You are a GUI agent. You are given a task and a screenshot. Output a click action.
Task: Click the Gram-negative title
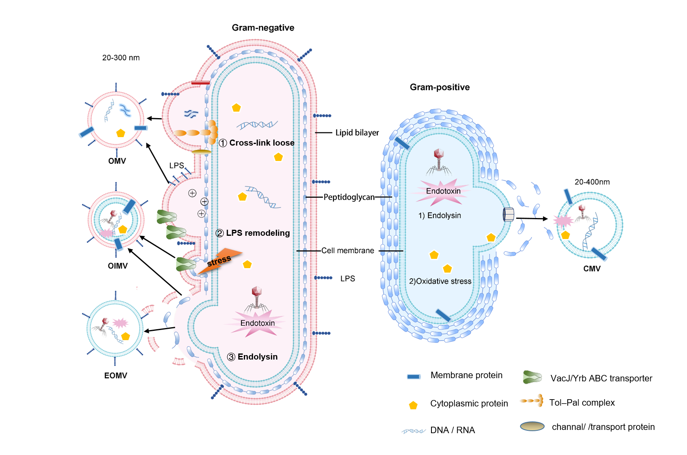(263, 28)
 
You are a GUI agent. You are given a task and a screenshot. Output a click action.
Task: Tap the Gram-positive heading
(440, 87)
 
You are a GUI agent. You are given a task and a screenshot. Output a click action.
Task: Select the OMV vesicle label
(117, 161)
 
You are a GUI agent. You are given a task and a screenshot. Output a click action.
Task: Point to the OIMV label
(118, 266)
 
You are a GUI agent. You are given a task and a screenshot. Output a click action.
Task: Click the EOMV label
(116, 375)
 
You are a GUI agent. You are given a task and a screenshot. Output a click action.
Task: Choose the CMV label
(592, 269)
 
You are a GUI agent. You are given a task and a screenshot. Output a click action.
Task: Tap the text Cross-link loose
(262, 143)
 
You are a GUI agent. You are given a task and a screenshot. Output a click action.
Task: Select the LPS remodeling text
(258, 233)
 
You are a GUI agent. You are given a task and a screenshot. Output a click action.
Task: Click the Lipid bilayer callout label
(357, 133)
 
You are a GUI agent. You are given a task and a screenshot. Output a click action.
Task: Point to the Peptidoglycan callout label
(349, 197)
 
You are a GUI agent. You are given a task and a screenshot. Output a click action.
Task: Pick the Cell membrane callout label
(348, 251)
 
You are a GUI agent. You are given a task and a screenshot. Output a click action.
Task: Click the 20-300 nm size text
(121, 58)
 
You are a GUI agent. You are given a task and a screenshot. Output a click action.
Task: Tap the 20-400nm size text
(592, 182)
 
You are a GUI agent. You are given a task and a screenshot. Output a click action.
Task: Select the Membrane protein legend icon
(414, 377)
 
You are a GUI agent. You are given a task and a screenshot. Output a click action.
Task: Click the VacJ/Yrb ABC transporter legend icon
(532, 377)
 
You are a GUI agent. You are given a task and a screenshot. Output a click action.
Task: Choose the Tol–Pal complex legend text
(582, 402)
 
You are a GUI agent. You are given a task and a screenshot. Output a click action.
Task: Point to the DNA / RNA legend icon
(414, 431)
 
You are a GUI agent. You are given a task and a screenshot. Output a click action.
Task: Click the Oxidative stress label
(440, 281)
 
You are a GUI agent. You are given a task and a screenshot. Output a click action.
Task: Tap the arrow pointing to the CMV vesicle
(531, 218)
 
